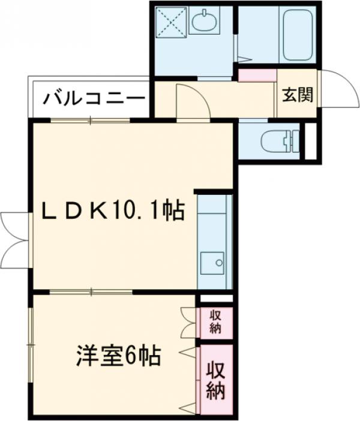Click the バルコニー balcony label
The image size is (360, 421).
[x=94, y=97]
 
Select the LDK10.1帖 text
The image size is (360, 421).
[x=113, y=210]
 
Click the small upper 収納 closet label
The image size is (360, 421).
[x=215, y=321]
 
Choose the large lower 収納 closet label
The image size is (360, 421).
[x=216, y=381]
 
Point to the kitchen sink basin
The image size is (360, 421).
[x=212, y=263]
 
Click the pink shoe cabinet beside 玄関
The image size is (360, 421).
[x=257, y=75]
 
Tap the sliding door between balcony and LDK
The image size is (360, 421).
[x=90, y=121]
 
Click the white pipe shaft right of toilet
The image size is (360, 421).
[x=310, y=142]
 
